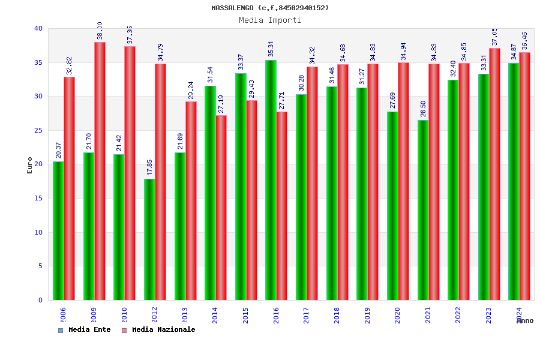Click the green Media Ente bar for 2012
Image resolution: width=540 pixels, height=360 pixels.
(x=149, y=239)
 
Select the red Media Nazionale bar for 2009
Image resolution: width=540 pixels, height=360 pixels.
(x=100, y=171)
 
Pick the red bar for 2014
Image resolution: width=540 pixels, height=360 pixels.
(x=221, y=208)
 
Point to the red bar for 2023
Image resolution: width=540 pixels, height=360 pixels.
(x=494, y=174)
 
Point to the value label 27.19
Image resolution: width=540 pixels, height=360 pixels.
(x=221, y=104)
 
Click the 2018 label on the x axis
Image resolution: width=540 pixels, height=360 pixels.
(x=337, y=315)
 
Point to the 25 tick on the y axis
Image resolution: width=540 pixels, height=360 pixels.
(x=38, y=130)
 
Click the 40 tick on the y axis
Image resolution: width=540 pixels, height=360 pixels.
(x=38, y=28)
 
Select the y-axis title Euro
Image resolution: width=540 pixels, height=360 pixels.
(x=30, y=165)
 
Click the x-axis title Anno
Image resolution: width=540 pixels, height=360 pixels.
(x=525, y=320)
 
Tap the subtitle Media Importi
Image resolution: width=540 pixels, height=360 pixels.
(x=270, y=20)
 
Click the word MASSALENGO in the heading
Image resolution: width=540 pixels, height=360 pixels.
(x=233, y=8)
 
